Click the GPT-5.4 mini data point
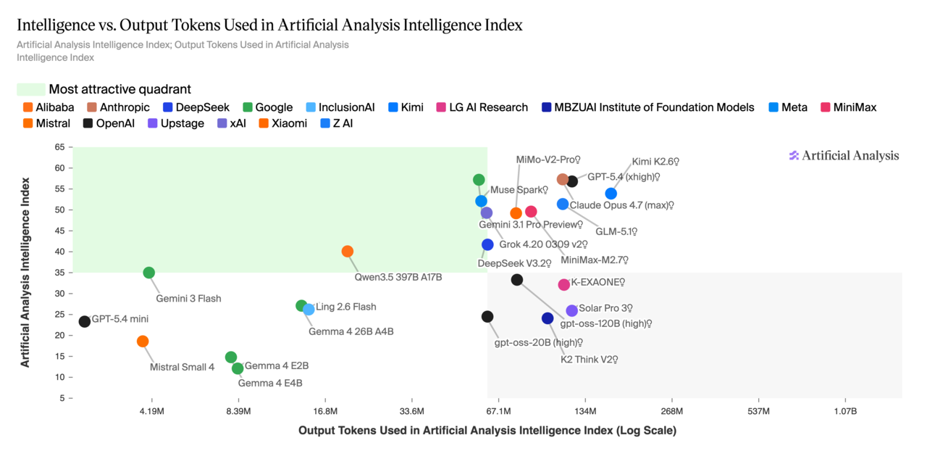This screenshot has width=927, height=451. [x=85, y=321]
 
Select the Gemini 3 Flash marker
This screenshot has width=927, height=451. [x=149, y=273]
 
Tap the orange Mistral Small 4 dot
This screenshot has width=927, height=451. [x=143, y=342]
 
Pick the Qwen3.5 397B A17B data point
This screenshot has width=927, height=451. [x=348, y=252]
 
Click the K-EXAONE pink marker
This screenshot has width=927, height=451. [x=564, y=285]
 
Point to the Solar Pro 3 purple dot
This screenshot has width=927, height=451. [x=572, y=311]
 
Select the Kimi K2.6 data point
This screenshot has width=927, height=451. [x=611, y=194]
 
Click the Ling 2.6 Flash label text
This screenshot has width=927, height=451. [x=346, y=307]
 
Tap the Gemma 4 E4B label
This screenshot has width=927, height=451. [x=270, y=383]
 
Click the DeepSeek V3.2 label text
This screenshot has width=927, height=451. [x=514, y=263]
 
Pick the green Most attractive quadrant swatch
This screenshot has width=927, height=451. [x=30, y=89]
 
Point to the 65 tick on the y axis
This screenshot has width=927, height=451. [x=59, y=147]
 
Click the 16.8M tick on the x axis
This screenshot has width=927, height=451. [x=325, y=411]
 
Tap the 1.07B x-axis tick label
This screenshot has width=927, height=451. [x=845, y=411]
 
